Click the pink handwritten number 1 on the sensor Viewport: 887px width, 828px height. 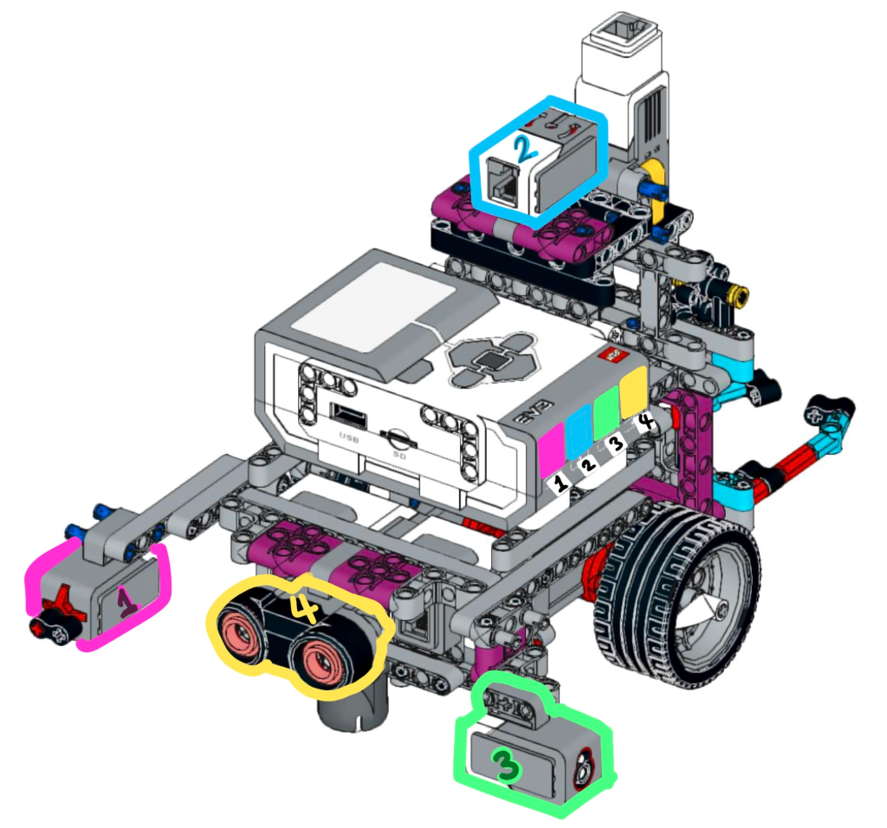(x=127, y=602)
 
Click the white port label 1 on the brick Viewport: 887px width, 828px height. (x=560, y=483)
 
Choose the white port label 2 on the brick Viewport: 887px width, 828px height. (x=588, y=463)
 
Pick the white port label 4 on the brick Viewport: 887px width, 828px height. (x=645, y=421)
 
